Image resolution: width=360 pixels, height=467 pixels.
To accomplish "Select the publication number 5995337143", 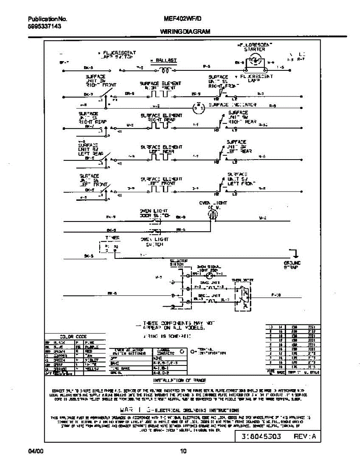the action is coord(44,26).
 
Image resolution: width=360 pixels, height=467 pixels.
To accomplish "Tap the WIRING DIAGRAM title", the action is coord(185,32).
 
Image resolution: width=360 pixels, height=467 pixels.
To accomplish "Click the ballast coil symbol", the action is coord(163,70).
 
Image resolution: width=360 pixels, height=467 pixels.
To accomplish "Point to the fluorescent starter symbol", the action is coord(255,61).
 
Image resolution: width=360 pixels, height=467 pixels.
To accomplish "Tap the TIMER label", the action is coord(112,237).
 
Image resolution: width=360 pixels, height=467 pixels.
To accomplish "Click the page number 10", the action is coord(183,451).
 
